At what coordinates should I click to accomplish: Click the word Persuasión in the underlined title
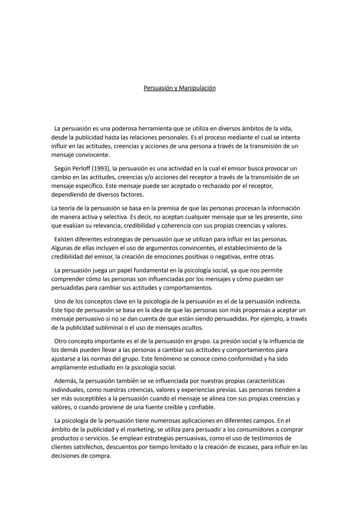pyautogui.click(x=159, y=88)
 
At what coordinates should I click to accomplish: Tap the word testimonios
pyautogui.click(x=257, y=438)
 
